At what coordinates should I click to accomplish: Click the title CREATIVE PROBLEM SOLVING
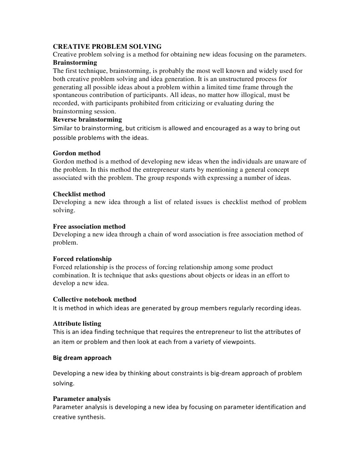[107, 46]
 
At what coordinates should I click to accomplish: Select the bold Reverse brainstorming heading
[87, 119]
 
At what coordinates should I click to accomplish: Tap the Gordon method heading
[76, 153]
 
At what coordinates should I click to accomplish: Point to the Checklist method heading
[79, 194]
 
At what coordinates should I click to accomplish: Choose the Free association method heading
[89, 226]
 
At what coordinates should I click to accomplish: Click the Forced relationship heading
[82, 259]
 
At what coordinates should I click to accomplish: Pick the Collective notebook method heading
[95, 299]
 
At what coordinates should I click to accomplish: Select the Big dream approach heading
[82, 358]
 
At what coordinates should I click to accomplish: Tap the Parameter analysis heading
[81, 399]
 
